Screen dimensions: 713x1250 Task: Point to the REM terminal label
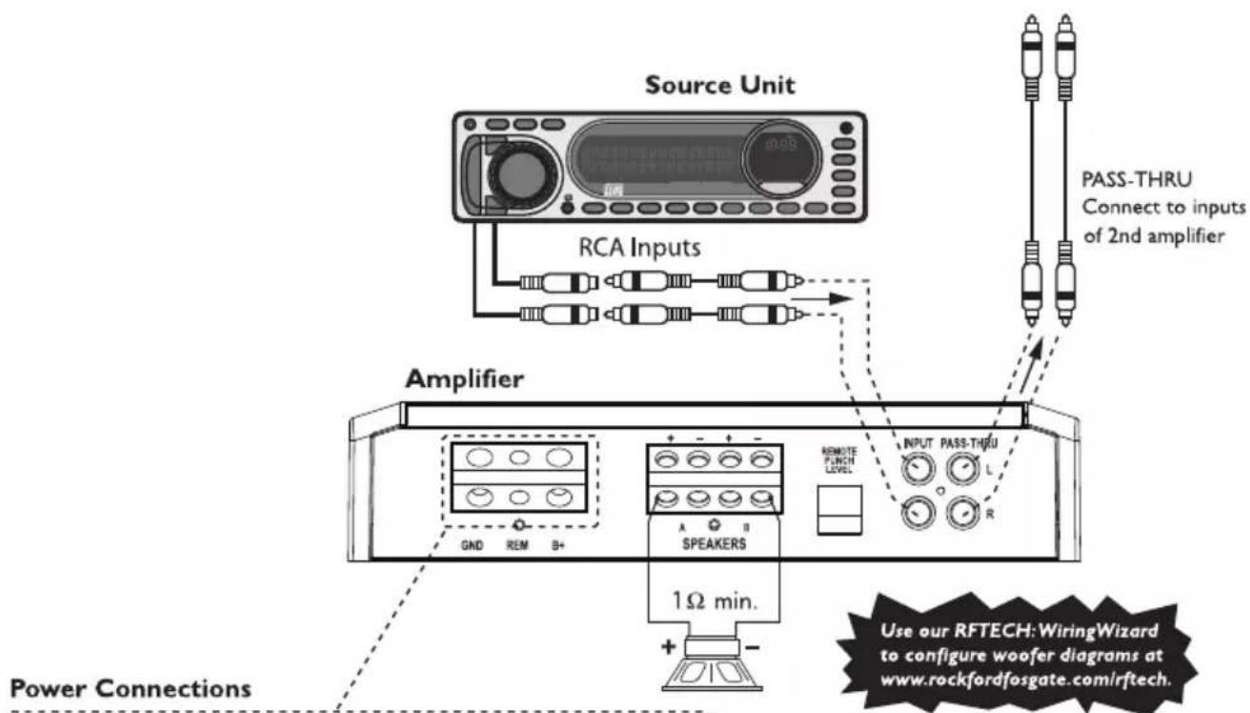point(518,546)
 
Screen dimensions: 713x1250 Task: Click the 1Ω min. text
point(716,603)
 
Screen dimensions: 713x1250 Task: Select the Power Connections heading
point(105,687)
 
